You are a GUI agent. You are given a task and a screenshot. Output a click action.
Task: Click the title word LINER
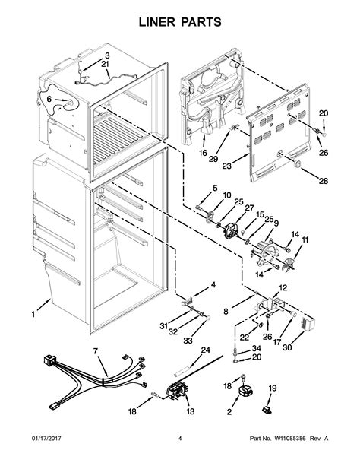(158, 22)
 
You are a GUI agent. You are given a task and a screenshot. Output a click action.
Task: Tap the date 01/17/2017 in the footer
(46, 439)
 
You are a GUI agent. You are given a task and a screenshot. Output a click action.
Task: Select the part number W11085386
(290, 439)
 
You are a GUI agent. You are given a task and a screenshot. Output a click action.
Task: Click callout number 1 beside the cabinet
(33, 314)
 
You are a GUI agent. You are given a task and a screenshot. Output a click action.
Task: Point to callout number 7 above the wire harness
(96, 351)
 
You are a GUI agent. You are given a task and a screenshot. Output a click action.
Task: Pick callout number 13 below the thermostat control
(191, 411)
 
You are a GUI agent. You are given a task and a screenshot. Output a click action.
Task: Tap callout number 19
(273, 388)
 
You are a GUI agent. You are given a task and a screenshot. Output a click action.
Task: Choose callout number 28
(324, 181)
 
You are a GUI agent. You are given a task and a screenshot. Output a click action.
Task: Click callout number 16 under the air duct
(203, 153)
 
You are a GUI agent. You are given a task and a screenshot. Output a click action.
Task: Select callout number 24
(205, 350)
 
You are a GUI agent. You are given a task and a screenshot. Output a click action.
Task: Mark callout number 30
(287, 347)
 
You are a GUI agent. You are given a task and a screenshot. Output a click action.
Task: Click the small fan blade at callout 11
(288, 264)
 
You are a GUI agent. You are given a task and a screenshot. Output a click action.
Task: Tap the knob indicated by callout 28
(297, 163)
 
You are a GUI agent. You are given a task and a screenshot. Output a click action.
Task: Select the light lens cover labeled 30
(308, 323)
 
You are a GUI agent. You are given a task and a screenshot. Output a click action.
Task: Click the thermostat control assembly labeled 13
(178, 391)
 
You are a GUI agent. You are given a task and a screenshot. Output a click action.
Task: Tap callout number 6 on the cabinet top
(49, 99)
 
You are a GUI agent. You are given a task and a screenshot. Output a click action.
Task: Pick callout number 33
(188, 341)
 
